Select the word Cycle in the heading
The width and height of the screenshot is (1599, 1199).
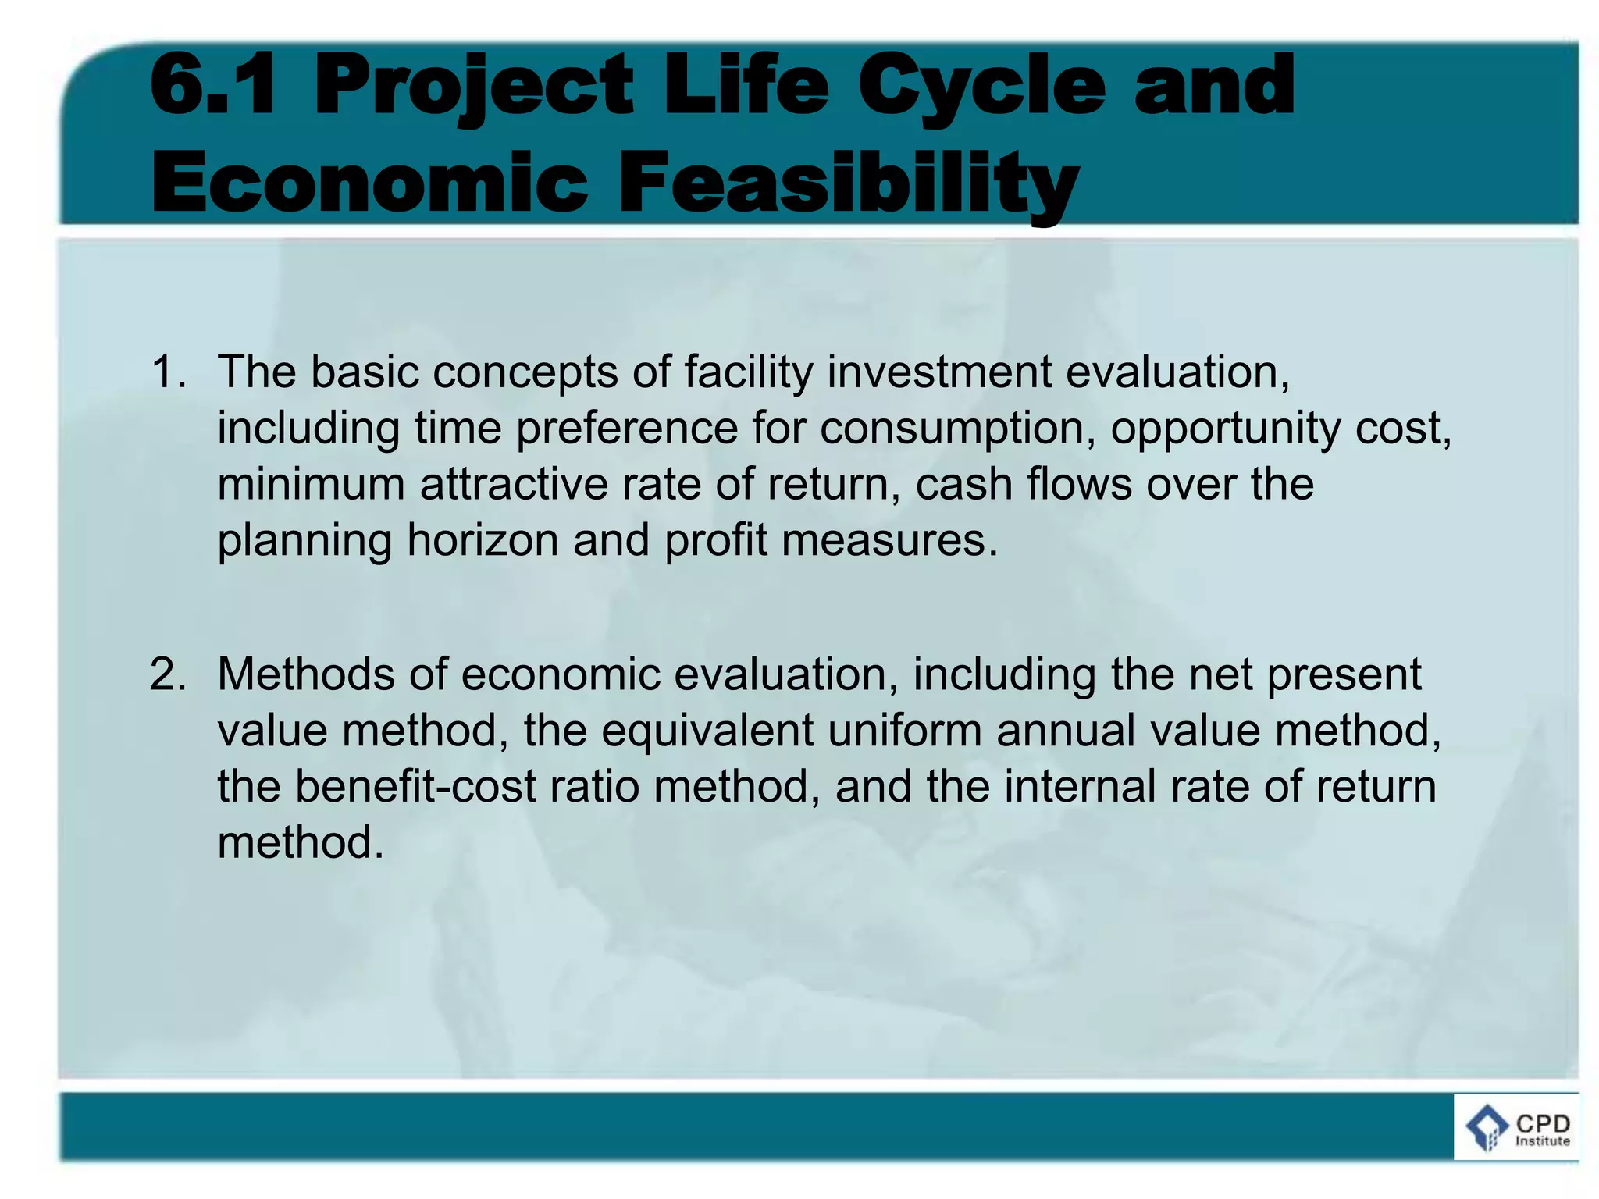point(981,87)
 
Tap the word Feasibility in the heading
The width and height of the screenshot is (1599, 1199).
point(849,184)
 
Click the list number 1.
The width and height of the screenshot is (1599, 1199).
point(167,372)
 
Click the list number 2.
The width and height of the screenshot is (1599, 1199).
point(167,674)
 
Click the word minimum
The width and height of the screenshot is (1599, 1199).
point(311,484)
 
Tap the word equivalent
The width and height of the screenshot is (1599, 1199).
point(707,731)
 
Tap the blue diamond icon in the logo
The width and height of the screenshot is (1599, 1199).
point(1487,1126)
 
